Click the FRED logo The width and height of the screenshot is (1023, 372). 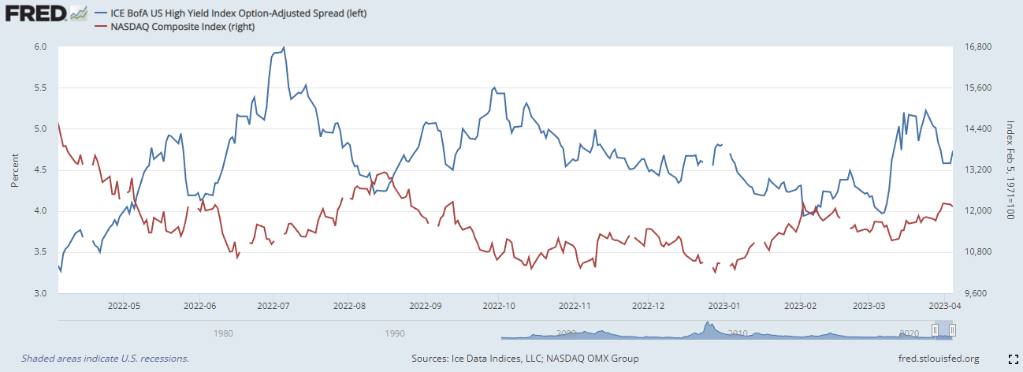pyautogui.click(x=35, y=14)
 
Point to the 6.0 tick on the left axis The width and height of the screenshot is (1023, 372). pyautogui.click(x=41, y=46)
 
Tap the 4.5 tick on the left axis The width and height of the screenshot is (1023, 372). pyautogui.click(x=41, y=169)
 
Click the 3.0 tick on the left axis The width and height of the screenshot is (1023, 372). pyautogui.click(x=41, y=293)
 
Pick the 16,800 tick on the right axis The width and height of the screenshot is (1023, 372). pyautogui.click(x=978, y=46)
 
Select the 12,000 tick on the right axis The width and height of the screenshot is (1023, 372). pyautogui.click(x=978, y=211)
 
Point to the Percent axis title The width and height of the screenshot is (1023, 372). pyautogui.click(x=15, y=169)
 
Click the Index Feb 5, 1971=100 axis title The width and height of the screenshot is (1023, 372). pyautogui.click(x=1010, y=169)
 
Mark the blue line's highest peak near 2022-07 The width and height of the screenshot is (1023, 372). pyautogui.click(x=283, y=47)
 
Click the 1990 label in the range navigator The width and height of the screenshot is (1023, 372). pyautogui.click(x=395, y=333)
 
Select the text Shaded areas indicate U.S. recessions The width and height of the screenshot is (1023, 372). pyautogui.click(x=105, y=359)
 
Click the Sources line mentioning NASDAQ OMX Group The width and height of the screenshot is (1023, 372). pyautogui.click(x=525, y=359)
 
